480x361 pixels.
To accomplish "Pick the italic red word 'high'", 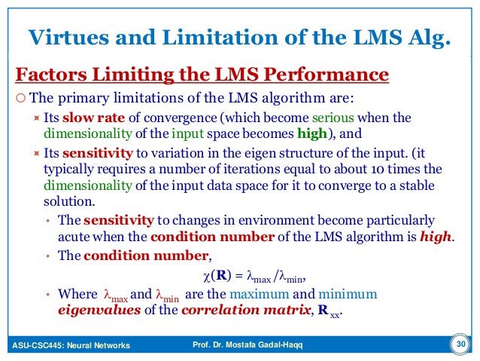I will point(437,237).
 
